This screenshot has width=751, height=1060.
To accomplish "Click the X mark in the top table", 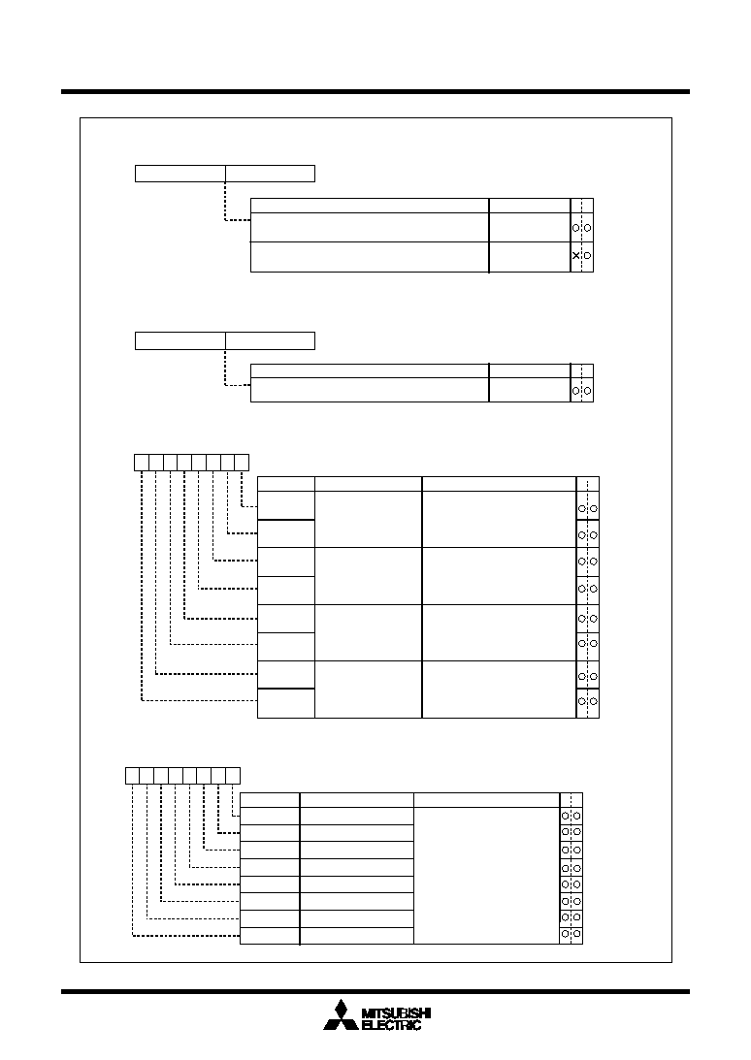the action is click(x=575, y=255).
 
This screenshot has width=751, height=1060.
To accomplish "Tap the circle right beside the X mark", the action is click(x=587, y=255).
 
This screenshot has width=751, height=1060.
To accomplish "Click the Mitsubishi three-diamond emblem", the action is click(x=341, y=1014).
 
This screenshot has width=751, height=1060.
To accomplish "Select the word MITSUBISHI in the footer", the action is click(x=397, y=1013).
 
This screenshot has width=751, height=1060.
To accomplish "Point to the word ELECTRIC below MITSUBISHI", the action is click(x=392, y=1025).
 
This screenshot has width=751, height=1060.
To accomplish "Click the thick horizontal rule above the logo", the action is click(x=375, y=992).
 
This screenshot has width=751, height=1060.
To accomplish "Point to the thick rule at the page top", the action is click(x=375, y=91).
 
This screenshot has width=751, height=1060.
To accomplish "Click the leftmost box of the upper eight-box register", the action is click(x=142, y=463).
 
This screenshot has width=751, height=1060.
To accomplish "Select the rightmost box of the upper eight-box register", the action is click(x=242, y=463).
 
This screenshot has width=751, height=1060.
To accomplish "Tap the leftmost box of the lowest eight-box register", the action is click(x=133, y=776).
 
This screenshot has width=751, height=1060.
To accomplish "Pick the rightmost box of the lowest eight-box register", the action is click(x=233, y=776).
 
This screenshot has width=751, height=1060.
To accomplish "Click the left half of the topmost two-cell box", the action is click(x=180, y=174).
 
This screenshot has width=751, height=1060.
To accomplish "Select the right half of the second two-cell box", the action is click(x=270, y=340).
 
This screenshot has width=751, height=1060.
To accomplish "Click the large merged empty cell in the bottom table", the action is click(x=486, y=876).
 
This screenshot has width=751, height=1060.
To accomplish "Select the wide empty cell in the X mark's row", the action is click(x=370, y=257).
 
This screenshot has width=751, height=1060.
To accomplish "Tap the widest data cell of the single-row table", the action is click(x=370, y=390).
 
